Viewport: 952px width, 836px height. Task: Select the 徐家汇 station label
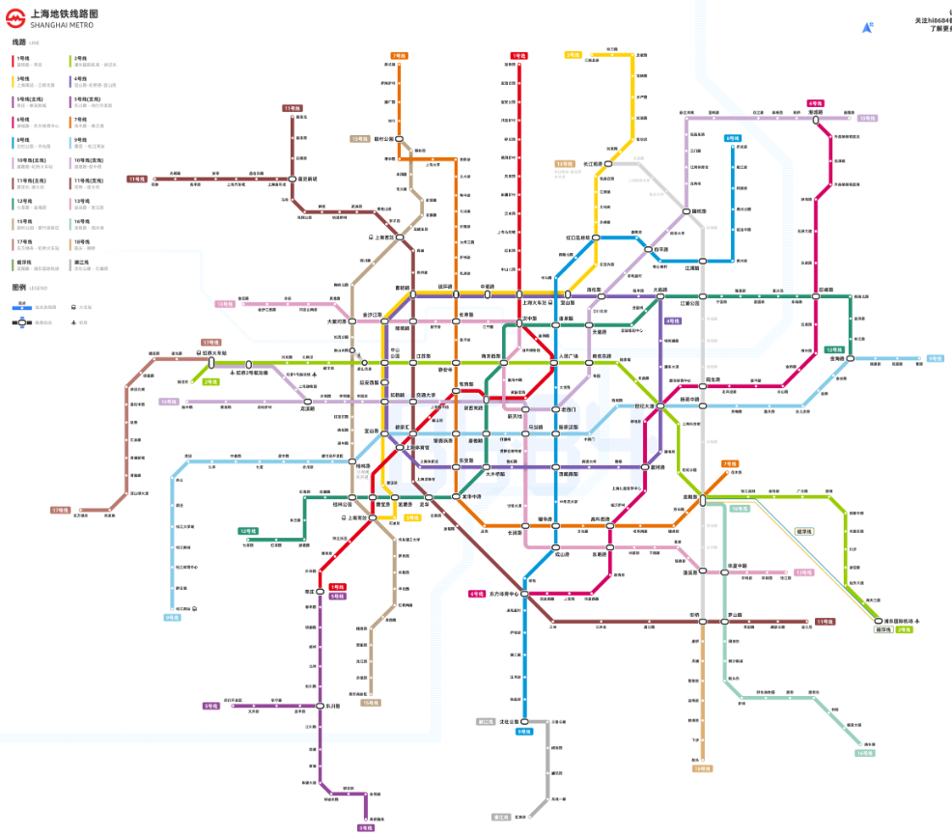tap(405, 427)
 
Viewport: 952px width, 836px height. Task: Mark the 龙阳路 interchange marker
tap(704, 498)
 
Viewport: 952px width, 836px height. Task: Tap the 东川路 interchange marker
tap(321, 706)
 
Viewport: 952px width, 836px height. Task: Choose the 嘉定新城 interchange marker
tap(292, 179)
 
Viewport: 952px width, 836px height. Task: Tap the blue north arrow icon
tap(867, 29)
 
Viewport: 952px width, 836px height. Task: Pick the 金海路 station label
tap(837, 358)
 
